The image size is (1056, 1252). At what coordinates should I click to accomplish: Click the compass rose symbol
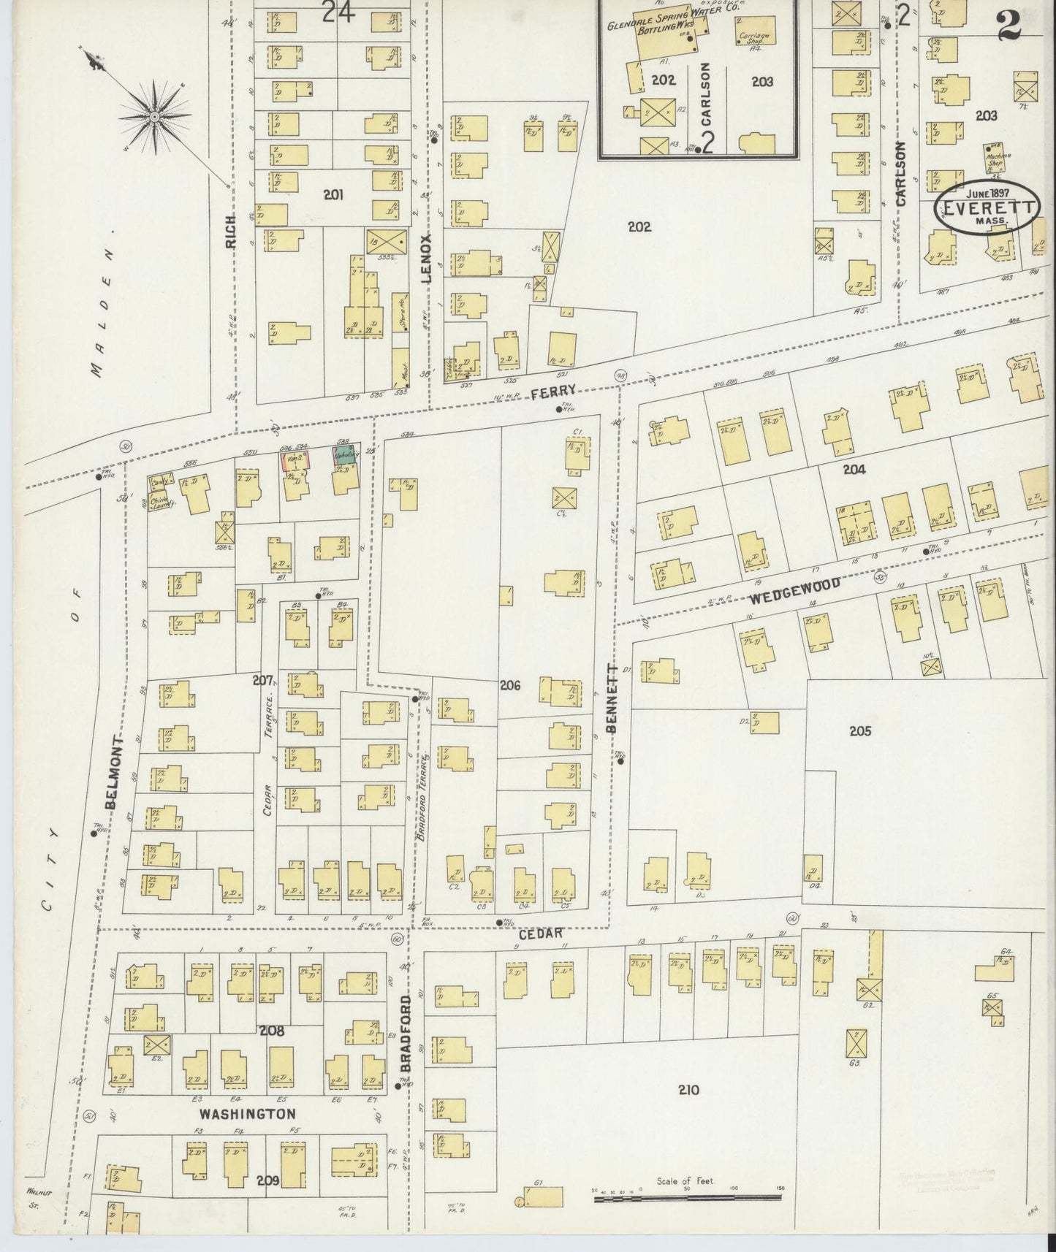154,115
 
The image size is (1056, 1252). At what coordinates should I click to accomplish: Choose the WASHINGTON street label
248,1114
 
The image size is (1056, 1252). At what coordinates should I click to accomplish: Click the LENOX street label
428,257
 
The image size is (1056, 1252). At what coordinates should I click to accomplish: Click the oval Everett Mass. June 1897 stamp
988,207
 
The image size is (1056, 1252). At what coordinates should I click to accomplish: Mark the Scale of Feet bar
686,1198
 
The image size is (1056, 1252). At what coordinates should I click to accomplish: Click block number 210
688,1090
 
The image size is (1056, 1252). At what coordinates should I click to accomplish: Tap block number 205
860,730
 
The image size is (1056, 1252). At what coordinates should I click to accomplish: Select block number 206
509,685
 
